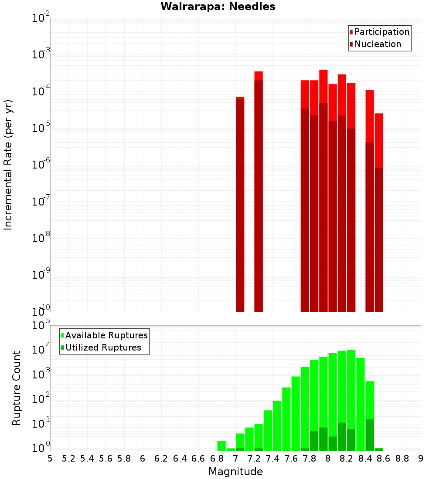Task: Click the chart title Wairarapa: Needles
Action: (x=218, y=7)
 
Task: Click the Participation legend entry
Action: (x=382, y=32)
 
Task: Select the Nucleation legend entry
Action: (x=378, y=44)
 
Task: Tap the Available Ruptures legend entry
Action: (x=106, y=335)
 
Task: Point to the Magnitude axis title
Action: (x=235, y=472)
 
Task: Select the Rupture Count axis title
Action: (x=17, y=388)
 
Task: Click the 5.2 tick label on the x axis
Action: (x=68, y=459)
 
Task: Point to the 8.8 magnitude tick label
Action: (x=402, y=459)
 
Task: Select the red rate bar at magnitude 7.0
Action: (x=240, y=205)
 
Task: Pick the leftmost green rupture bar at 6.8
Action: (x=221, y=446)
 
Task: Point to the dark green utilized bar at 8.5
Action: (x=370, y=435)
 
